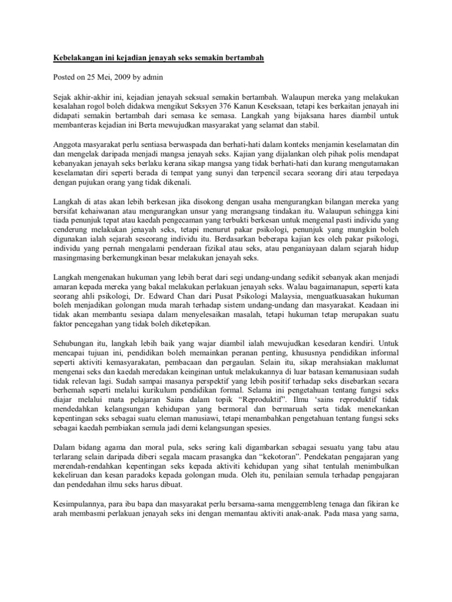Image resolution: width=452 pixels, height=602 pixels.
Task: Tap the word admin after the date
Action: coord(152,76)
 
